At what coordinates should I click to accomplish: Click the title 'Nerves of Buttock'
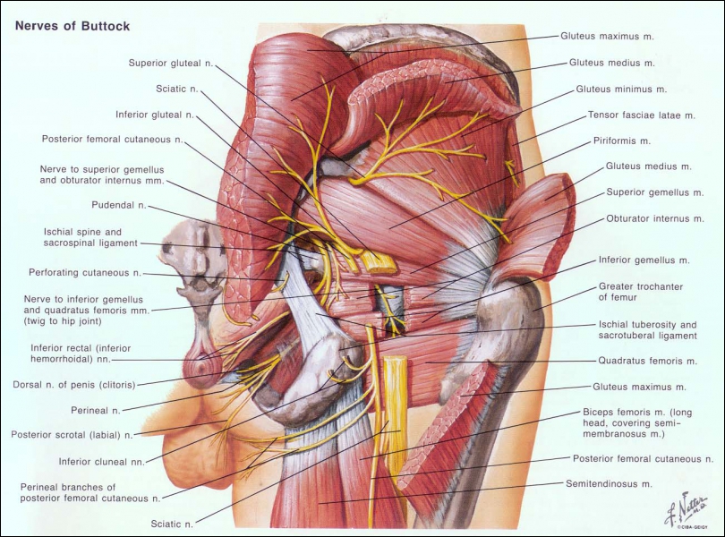click(x=72, y=25)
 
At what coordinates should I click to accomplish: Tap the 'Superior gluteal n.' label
click(x=171, y=63)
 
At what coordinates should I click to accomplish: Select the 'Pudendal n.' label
click(x=119, y=205)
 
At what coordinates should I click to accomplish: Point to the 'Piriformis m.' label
click(x=622, y=141)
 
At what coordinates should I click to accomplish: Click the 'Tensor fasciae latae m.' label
click(x=641, y=115)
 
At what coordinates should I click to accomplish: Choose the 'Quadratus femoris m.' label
click(x=647, y=361)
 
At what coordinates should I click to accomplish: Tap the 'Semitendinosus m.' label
click(x=609, y=484)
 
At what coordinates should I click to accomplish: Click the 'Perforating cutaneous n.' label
click(x=85, y=273)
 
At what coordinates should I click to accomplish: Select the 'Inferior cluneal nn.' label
click(x=102, y=462)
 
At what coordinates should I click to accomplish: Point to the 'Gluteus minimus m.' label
click(x=621, y=89)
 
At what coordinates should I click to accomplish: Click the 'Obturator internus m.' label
click(x=655, y=218)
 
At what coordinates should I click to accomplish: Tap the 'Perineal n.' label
click(x=96, y=410)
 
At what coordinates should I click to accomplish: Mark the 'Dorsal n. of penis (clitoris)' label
click(x=74, y=385)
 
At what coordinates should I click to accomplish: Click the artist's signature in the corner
click(x=687, y=510)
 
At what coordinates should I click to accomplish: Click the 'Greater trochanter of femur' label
click(x=641, y=292)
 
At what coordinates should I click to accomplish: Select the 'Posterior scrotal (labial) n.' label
click(x=72, y=435)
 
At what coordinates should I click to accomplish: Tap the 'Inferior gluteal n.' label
click(x=155, y=115)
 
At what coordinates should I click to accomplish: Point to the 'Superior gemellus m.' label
click(x=654, y=192)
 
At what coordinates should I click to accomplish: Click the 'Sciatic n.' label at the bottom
click(x=172, y=524)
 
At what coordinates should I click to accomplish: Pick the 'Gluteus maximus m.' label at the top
click(x=607, y=36)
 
